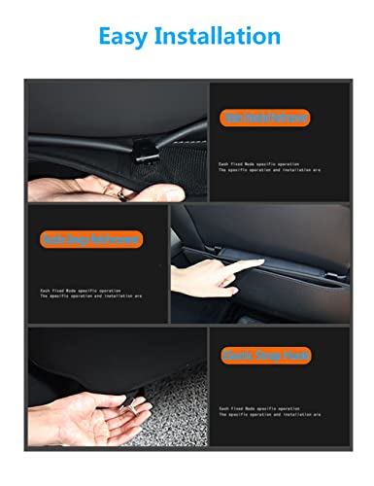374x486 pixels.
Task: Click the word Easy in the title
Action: click(x=125, y=36)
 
